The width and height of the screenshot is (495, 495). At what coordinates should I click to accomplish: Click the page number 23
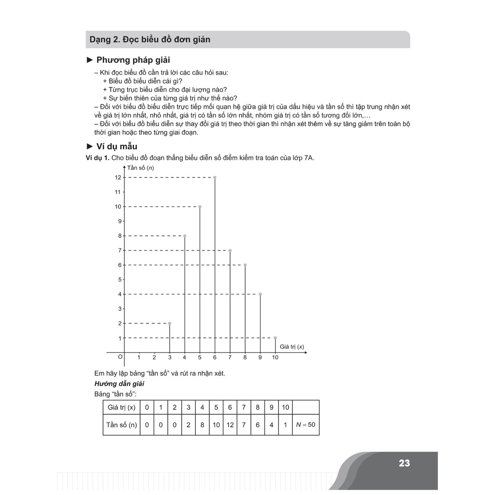point(404,463)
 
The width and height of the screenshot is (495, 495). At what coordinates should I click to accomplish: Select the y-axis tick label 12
point(118,177)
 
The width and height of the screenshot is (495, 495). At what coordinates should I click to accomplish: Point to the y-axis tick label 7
point(119,250)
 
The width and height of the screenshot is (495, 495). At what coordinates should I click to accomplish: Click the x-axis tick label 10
point(275,358)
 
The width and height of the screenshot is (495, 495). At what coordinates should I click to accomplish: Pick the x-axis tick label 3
point(169,358)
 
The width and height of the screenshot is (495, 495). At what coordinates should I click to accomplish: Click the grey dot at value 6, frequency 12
point(215,177)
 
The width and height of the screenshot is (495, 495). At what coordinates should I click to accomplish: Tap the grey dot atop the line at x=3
point(170,323)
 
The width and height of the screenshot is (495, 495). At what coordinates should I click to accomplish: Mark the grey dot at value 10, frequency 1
point(275,337)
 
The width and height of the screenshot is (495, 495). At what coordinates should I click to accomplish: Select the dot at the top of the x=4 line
point(185,236)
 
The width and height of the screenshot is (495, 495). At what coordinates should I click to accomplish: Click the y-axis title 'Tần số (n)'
point(141,168)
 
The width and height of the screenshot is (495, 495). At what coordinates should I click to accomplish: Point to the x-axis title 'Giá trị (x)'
point(291,346)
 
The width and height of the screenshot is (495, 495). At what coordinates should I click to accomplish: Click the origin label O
point(120,356)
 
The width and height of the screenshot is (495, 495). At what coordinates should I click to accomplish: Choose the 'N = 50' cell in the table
point(306,425)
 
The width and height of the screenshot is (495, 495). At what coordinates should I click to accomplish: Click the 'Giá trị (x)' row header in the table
point(121,408)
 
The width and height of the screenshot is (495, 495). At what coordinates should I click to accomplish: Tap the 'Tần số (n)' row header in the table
point(121,425)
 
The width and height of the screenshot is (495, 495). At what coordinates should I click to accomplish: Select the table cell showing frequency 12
point(230,425)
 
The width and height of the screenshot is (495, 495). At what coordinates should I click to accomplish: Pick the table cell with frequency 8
point(202,425)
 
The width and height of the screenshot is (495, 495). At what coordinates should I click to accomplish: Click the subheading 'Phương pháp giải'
point(133,60)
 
